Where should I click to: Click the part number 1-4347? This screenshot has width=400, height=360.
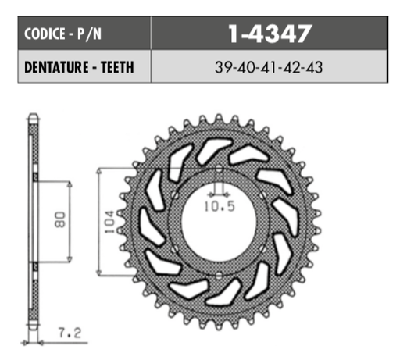[270, 34]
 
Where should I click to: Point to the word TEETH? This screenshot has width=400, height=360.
[114, 67]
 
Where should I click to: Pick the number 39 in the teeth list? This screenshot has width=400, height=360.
[222, 67]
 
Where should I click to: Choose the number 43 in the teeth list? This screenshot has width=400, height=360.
[316, 67]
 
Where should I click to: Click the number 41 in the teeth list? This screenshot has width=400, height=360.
[269, 67]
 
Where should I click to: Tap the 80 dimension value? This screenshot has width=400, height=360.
[61, 221]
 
